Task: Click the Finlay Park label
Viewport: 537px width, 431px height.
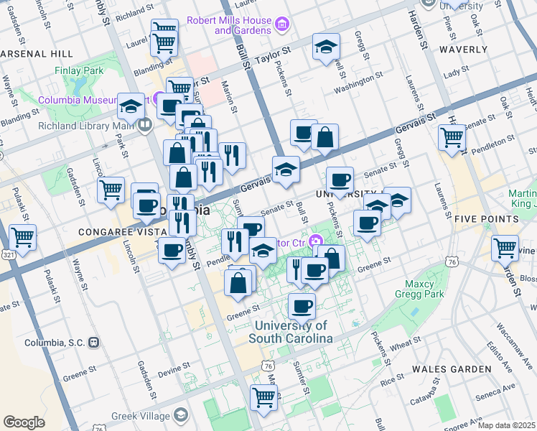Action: coord(79,71)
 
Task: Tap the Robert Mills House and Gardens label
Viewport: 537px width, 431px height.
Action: coord(229,25)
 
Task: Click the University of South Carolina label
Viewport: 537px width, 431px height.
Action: coord(291,332)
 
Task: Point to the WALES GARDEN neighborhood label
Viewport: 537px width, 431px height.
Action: coord(452,369)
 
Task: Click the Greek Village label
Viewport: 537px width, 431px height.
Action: coord(142,415)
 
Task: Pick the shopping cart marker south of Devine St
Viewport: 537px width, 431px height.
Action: coord(263,396)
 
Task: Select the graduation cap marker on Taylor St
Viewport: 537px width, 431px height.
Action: coord(326,47)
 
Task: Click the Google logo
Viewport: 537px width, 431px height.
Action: coord(24,422)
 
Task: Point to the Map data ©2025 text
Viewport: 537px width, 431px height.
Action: coord(507,425)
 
